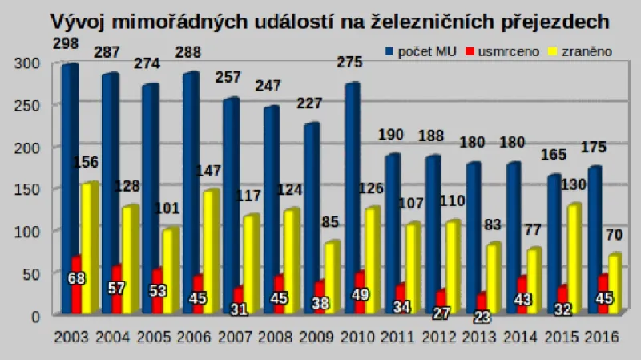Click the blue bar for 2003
pos(68,188)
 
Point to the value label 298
pos(66,43)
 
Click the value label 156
pos(85,163)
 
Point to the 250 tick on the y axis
pos(26,105)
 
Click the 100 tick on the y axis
pos(26,231)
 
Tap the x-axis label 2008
pos(275,337)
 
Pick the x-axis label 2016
pos(601,337)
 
